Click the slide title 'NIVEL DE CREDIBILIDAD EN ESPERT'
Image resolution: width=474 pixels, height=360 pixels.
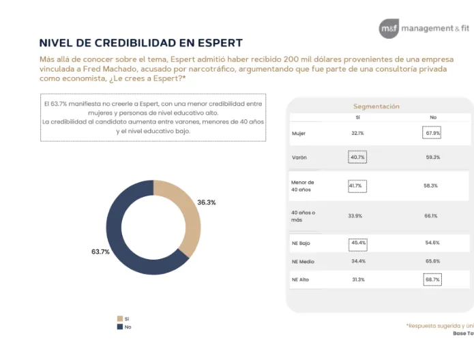click(141, 43)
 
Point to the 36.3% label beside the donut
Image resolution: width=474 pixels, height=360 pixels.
click(207, 202)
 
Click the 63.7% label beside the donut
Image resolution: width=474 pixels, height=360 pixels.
click(100, 252)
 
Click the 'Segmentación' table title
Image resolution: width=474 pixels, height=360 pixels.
click(376, 106)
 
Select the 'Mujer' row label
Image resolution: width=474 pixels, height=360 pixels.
click(299, 133)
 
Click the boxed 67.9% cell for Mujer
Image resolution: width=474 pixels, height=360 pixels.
click(432, 133)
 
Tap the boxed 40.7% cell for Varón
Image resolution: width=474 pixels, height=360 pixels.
click(357, 157)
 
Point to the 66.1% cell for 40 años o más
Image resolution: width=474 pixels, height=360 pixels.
click(431, 215)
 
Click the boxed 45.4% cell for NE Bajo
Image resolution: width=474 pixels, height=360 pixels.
click(357, 243)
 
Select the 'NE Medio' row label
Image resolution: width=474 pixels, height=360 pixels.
click(302, 261)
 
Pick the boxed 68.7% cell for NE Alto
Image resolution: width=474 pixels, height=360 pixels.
click(432, 280)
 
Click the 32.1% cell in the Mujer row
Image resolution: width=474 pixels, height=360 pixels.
click(357, 133)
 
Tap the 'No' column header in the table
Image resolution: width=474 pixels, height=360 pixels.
click(432, 117)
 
